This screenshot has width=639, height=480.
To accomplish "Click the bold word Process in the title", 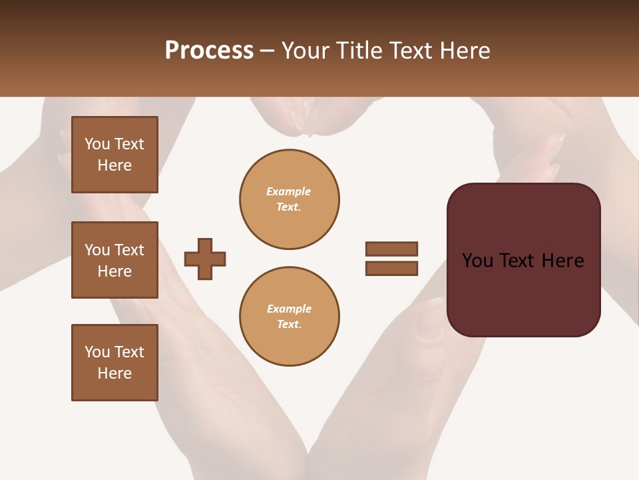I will (209, 51).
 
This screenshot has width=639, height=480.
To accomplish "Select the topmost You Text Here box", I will (114, 155).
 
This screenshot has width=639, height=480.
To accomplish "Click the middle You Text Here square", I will (114, 260).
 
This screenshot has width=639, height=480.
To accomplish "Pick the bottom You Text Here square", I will (114, 363).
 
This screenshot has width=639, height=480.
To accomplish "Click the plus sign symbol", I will (205, 259).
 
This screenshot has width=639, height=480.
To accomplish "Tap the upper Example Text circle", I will (290, 199).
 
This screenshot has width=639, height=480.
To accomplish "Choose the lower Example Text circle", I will (290, 317).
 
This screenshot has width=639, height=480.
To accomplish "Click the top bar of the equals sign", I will (391, 249).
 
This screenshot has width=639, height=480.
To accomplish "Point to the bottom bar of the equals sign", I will (391, 268).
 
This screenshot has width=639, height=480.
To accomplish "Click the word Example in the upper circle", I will (288, 191).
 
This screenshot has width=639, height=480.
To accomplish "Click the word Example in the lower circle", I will (289, 309).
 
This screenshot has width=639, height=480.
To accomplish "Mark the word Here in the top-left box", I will (114, 165).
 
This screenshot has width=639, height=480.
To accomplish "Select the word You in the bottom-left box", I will (96, 352).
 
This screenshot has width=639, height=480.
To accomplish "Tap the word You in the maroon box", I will (477, 261).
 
